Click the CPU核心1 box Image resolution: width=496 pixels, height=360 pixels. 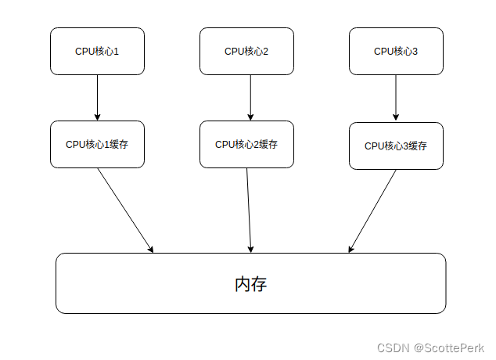tap(97, 52)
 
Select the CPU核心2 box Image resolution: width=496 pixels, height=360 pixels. tap(246, 52)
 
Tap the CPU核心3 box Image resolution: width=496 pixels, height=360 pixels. tap(396, 52)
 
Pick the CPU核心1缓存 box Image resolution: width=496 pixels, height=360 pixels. tap(97, 145)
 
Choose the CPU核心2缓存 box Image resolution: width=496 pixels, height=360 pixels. tap(246, 145)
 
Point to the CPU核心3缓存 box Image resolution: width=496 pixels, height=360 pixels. tap(396, 146)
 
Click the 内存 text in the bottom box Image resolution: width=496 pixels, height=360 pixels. tap(250, 284)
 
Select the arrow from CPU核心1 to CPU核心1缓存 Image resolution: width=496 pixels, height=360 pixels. tap(97, 98)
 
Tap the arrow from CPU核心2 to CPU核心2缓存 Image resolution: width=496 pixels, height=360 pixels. tap(250, 98)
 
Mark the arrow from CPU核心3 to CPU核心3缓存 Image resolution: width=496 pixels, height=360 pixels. tap(396, 98)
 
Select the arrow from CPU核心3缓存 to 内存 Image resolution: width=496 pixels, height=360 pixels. tap(372, 211)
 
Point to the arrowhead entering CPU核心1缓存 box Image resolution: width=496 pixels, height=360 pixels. tap(97, 117)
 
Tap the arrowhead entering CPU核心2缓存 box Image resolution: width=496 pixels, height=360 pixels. tap(250, 117)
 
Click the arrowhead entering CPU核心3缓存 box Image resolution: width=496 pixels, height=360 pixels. tap(396, 118)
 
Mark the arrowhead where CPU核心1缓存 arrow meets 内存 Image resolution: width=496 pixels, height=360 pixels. tap(150, 250)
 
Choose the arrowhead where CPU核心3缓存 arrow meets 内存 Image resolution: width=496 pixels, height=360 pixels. tap(350, 250)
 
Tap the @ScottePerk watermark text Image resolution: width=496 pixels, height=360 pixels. tap(449, 347)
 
